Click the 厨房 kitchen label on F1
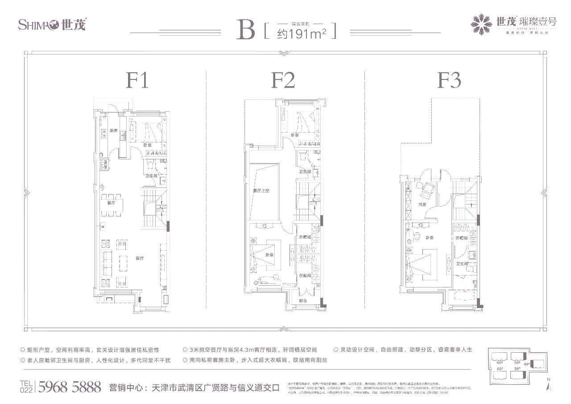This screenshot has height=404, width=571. click(113, 131)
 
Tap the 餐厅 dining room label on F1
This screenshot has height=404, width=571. click(111, 202)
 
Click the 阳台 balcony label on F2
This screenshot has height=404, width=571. click(303, 301)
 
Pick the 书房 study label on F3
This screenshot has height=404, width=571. click(423, 204)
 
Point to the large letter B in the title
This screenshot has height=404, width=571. click(246, 29)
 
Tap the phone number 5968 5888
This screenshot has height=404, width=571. click(70, 386)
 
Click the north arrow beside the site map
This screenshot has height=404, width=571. click(548, 384)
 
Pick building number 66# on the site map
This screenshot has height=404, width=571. click(500, 363)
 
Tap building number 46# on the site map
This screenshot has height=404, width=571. click(526, 364)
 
